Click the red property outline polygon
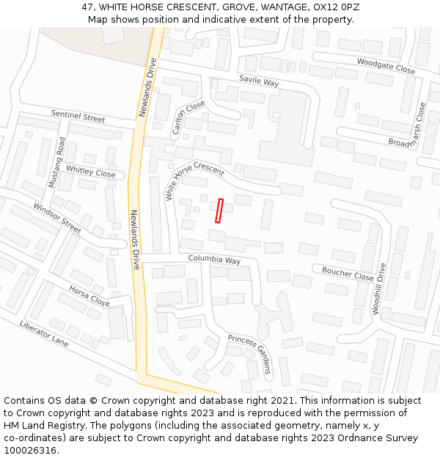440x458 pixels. pos(219,211)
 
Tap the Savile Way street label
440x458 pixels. pos(259,81)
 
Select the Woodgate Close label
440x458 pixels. pos(386,65)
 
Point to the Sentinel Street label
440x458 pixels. pos(78,117)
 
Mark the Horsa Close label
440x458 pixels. pos(89,296)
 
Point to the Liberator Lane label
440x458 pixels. pos(44,334)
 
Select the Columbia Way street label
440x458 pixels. pos(214,259)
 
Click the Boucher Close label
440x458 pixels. pos(348,273)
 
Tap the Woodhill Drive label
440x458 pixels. pos(378,289)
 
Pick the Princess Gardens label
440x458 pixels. pos(249,353)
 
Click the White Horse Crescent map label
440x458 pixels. pos(194,180)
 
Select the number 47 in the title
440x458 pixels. pos(88,7)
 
